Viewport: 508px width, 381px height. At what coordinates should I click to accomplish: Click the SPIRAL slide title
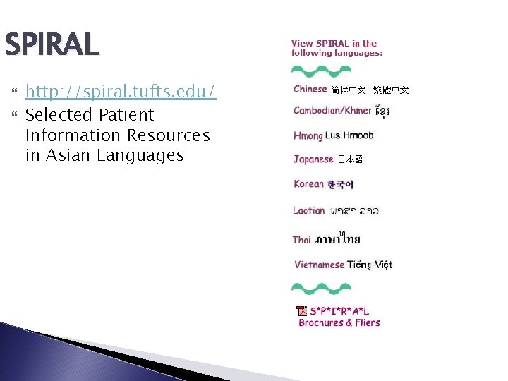point(52,45)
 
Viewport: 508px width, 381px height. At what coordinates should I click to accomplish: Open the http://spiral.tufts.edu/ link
point(121,92)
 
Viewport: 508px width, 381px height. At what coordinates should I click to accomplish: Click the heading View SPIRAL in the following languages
point(337,48)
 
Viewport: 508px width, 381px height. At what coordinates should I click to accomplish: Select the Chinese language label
point(310,89)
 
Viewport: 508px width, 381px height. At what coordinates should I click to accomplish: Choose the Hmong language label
point(308,135)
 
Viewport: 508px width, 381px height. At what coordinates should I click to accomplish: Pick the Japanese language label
point(313,159)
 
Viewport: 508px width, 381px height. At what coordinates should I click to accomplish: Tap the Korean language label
point(308,184)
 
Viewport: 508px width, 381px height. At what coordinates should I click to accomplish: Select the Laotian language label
point(309,210)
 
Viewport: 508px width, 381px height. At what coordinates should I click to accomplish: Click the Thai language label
point(302,240)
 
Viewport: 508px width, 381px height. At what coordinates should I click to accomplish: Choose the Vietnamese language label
point(319,265)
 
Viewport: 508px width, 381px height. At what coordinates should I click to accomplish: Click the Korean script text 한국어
point(340,185)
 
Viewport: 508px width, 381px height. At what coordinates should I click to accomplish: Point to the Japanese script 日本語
point(350,160)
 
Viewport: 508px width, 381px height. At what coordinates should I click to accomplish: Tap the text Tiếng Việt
point(370,265)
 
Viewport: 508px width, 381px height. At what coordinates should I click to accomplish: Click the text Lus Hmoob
point(349,135)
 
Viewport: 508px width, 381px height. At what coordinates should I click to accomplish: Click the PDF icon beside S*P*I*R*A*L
point(302,311)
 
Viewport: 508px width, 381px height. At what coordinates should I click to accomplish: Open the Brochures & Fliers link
point(339,323)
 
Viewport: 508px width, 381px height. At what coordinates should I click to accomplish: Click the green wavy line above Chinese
point(321,71)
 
